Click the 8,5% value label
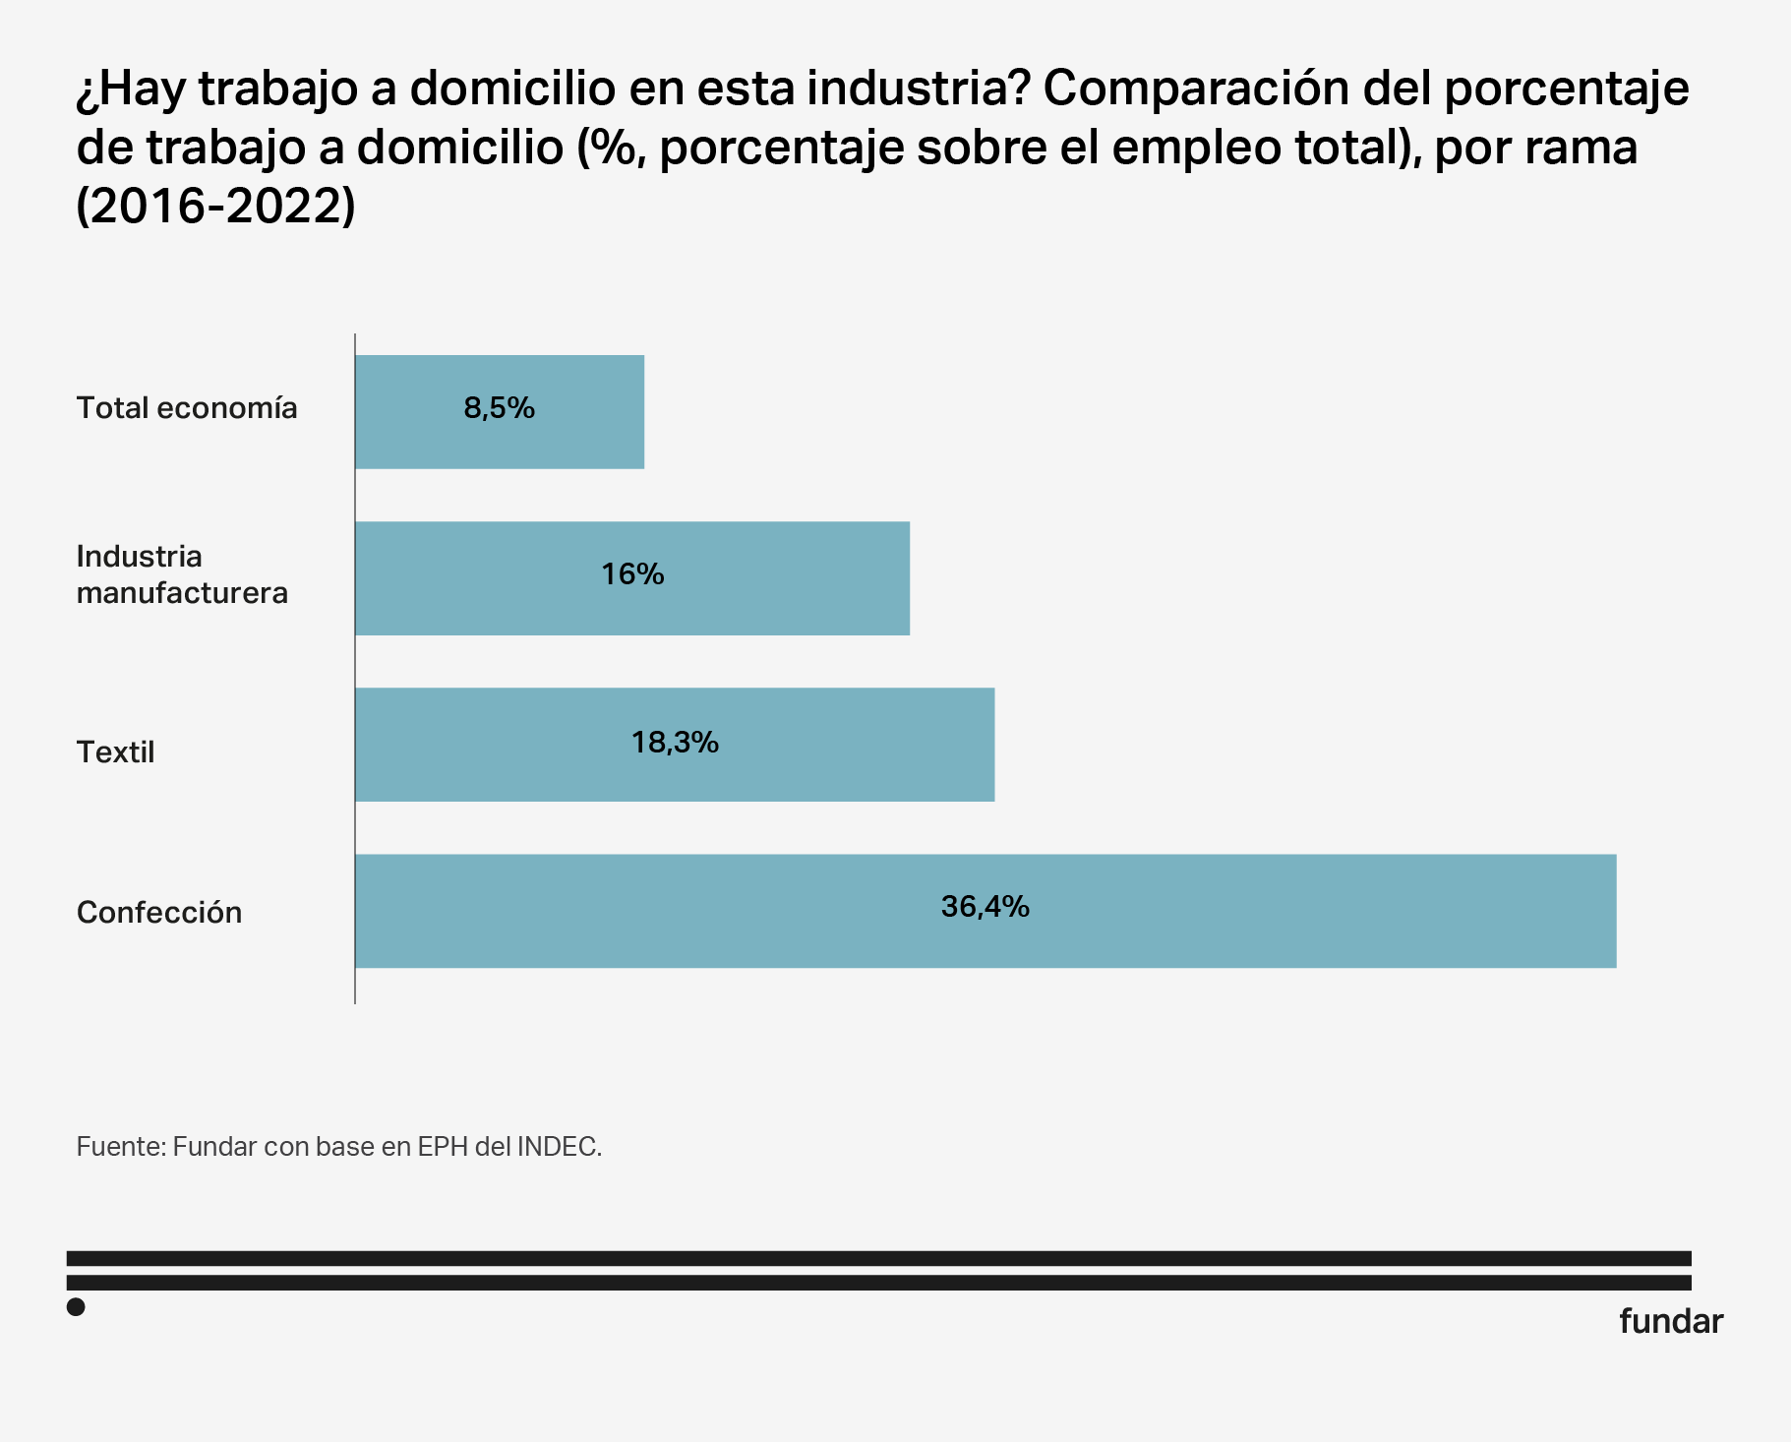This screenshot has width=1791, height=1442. pos(500,408)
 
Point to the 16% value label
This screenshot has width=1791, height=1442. pos(632,574)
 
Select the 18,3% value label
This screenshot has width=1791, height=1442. pos(675,742)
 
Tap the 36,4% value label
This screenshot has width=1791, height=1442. pos(985,906)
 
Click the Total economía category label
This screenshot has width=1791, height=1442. pos(187,408)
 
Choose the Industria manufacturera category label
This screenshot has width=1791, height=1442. pos(182,574)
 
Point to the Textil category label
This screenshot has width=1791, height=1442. pos(116,752)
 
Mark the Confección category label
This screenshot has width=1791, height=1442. pos(159,913)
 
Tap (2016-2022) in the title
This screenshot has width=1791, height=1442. pos(215,207)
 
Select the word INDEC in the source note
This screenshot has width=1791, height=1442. pos(558,1147)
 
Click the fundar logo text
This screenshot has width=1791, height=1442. pos(1670,1321)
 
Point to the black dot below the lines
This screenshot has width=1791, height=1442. pos(76,1307)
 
